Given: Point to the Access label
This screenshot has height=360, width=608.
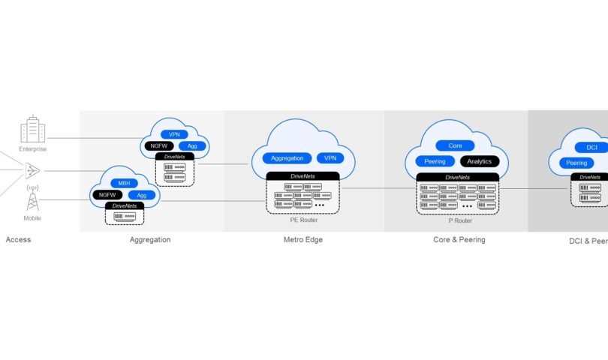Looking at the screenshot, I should pos(18,240).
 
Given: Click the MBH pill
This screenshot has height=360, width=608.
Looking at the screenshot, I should pos(124,183).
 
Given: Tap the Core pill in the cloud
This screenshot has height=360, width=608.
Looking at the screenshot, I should pos(455,145).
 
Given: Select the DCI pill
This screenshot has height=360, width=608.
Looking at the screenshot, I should pos(591,147).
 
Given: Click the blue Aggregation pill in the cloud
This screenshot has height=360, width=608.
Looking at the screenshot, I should pos(287,158).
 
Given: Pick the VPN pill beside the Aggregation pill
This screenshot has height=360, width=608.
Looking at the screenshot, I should pos(330,158).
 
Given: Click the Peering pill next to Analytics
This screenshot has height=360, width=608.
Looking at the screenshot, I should pos(435,161).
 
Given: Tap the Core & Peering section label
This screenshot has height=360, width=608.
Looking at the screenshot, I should pos(459,240).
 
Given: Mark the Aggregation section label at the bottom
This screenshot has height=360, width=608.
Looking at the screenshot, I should pos(150,240).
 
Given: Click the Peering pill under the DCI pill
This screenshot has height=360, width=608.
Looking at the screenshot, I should pos(576,163).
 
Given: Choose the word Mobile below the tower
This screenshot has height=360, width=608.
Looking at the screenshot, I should pos(33,218).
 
